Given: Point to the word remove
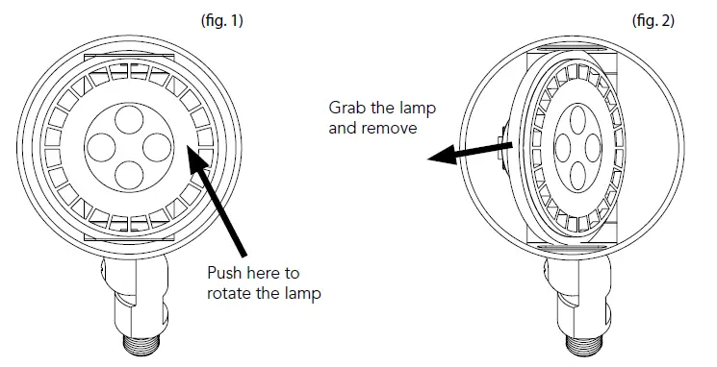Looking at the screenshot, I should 393,127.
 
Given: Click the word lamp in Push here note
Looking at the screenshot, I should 299,292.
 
